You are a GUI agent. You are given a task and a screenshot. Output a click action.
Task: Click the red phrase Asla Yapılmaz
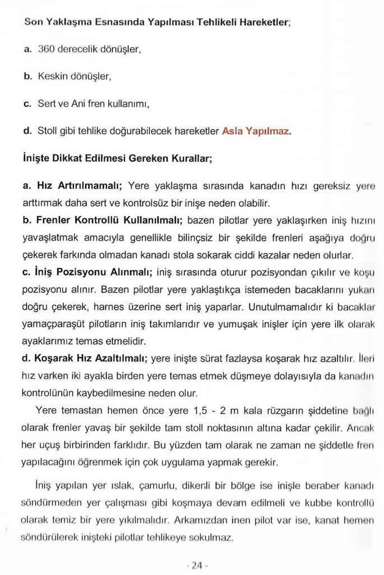click(x=256, y=132)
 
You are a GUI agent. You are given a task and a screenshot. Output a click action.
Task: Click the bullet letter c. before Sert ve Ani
click(x=26, y=104)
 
